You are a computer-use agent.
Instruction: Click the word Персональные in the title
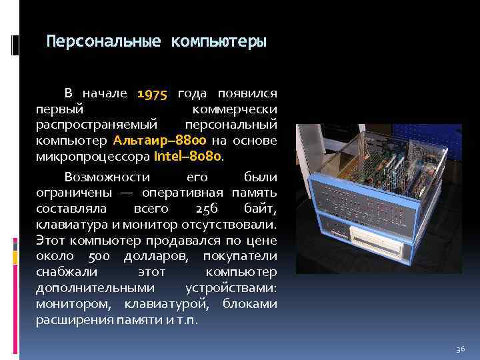[104, 42]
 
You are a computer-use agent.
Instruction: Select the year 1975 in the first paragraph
[153, 93]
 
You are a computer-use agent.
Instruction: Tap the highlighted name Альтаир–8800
[159, 141]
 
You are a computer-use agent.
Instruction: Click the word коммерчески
[235, 109]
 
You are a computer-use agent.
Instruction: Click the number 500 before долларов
[99, 257]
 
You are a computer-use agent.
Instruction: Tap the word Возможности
[107, 177]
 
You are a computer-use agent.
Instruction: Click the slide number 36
[459, 349]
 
